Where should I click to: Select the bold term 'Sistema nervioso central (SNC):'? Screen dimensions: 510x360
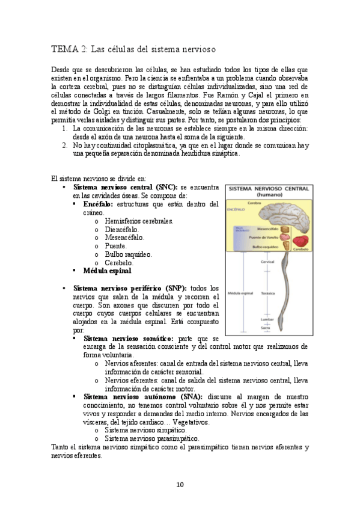click(125, 188)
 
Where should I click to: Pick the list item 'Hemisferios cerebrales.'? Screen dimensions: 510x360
click(139, 221)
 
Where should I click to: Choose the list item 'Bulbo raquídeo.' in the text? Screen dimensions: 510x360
click(127, 254)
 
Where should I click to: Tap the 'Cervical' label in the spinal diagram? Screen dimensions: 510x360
click(267, 262)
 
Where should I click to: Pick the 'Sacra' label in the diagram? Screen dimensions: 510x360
click(267, 328)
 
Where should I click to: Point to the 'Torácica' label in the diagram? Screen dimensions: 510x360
click(268, 293)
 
